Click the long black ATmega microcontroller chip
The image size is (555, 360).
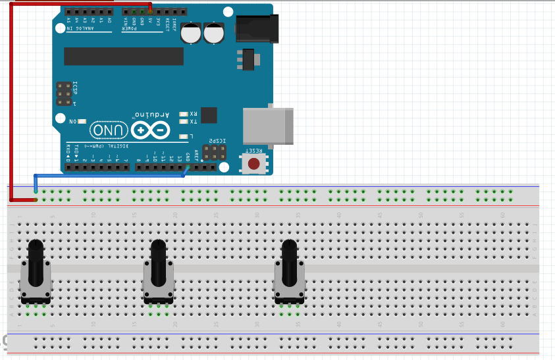coord(124,57)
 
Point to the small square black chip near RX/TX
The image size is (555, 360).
coord(209,115)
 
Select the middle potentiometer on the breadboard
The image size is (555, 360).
coord(158,273)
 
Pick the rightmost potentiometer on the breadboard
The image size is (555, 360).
coord(289,273)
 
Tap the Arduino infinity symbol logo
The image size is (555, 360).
coord(150,130)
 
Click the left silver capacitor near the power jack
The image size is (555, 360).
coord(192,34)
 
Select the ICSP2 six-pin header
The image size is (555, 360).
coord(214,153)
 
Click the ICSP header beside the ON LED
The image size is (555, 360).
coord(64,93)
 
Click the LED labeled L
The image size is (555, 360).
coord(183,136)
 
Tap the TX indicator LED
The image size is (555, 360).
coord(183,122)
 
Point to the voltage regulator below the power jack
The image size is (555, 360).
coord(248,59)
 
